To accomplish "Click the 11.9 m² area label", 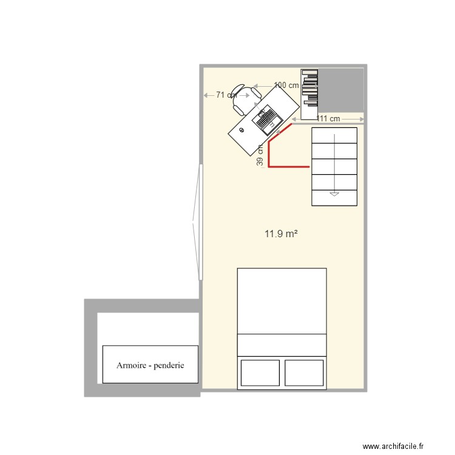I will (x=280, y=233).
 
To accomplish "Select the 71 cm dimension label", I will (x=226, y=95).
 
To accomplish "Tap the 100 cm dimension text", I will (x=286, y=86).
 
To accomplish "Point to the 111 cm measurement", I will (x=328, y=118).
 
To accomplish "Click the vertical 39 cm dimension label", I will (x=260, y=155).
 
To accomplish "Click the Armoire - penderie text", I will (x=150, y=366).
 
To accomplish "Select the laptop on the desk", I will (x=266, y=119).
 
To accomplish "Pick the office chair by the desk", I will (x=240, y=99).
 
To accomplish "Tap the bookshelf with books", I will (x=309, y=94).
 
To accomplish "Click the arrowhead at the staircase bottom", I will (x=334, y=194).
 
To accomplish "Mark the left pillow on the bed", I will (x=260, y=372).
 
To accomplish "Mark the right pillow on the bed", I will (x=303, y=372).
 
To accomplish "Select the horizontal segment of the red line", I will (x=289, y=166).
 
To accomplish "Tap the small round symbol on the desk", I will (x=241, y=130).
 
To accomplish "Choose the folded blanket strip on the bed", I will (x=281, y=345).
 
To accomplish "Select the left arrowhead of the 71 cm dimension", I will (x=206, y=95).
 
